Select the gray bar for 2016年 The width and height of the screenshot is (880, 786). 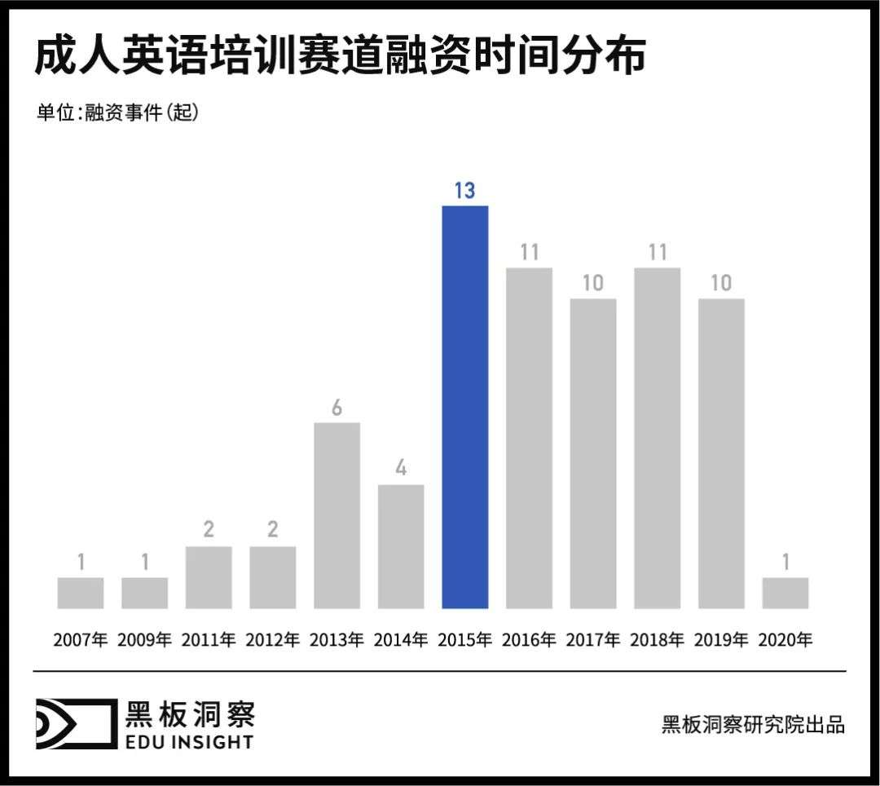point(529,437)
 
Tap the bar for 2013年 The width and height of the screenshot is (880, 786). point(337,514)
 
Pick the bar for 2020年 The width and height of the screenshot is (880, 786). point(785,593)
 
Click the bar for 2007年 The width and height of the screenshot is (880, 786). point(81,593)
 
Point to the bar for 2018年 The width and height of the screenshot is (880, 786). point(657,437)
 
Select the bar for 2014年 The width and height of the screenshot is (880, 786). point(401,545)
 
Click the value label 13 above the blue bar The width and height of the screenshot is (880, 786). point(464,191)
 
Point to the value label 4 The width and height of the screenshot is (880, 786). point(401,470)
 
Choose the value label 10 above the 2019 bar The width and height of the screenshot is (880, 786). point(721,284)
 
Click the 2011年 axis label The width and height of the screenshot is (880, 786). point(209,640)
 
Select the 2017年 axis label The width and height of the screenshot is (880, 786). point(592,640)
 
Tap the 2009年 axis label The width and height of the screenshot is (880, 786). point(144,640)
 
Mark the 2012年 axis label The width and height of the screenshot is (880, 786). point(272,640)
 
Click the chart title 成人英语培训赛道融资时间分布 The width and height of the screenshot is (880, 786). point(340,57)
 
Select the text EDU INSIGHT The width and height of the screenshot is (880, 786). point(190,741)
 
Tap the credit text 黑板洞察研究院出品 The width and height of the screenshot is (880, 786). point(753,724)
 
